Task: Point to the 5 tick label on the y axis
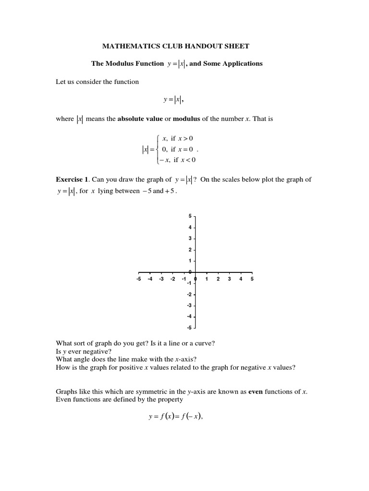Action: pos(190,216)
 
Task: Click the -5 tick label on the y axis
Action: pos(189,328)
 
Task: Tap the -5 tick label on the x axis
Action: pos(139,279)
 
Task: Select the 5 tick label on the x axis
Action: pos(252,279)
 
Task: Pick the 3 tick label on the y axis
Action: pos(190,239)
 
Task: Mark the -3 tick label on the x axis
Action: pos(161,279)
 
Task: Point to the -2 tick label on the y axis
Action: pos(189,294)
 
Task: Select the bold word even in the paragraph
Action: pos(255,392)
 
